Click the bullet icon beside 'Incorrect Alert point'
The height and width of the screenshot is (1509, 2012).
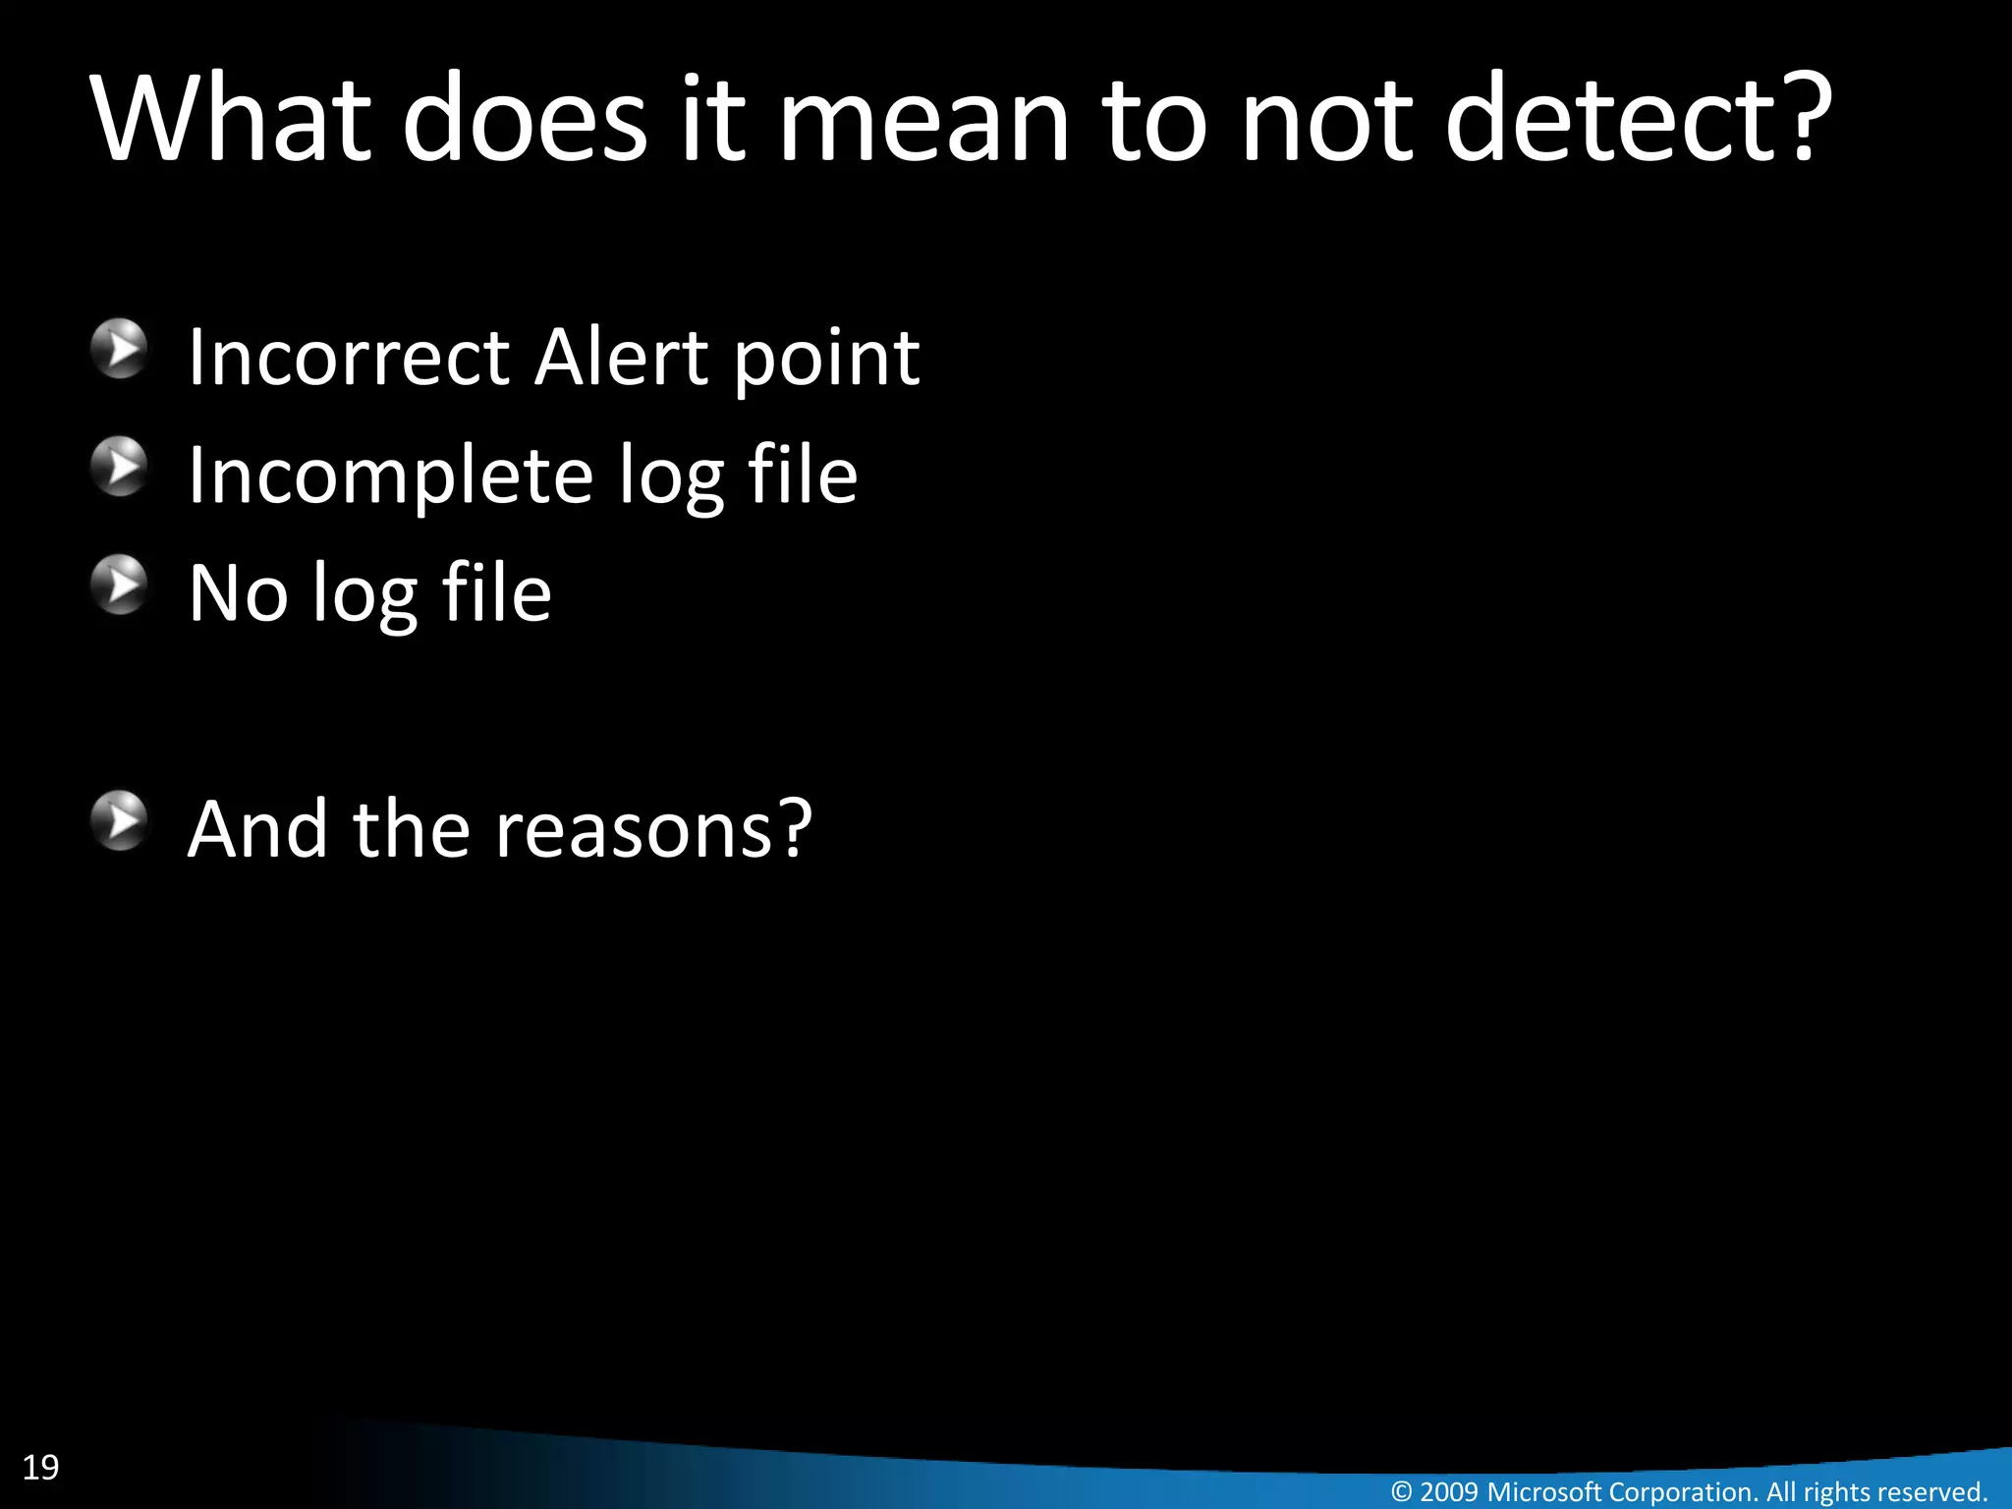tap(120, 349)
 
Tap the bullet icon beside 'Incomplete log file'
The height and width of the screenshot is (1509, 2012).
tap(120, 467)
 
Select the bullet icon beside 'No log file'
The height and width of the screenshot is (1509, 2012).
tap(120, 586)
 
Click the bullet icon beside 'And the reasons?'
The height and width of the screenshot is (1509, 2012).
tap(120, 821)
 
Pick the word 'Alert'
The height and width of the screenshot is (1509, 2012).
tap(621, 357)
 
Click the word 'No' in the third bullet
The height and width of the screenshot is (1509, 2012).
tap(238, 593)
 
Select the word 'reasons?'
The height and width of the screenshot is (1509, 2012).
tap(653, 830)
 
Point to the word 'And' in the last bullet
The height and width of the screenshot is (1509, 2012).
tap(257, 830)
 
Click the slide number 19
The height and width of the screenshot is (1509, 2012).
tap(40, 1467)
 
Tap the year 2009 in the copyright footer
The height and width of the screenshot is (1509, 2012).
tap(1448, 1491)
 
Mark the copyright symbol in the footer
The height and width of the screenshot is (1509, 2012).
tap(1402, 1492)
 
